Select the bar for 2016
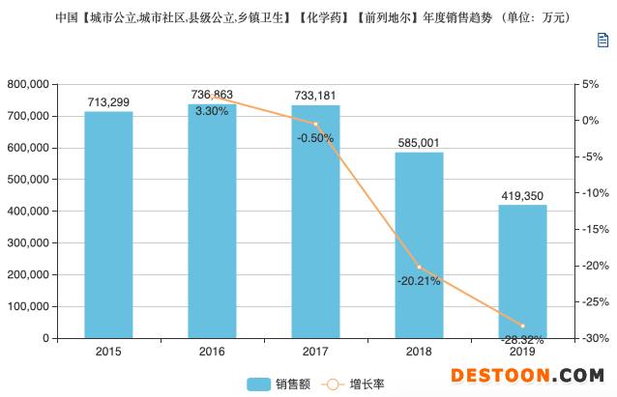(x=212, y=221)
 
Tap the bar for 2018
(x=419, y=245)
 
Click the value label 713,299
(x=108, y=101)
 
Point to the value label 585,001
(x=419, y=143)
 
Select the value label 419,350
(x=523, y=195)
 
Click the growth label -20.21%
(x=419, y=281)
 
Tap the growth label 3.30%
(x=212, y=111)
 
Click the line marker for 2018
(x=419, y=267)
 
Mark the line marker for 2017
(x=315, y=124)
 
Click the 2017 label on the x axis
(x=315, y=353)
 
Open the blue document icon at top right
(x=602, y=40)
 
